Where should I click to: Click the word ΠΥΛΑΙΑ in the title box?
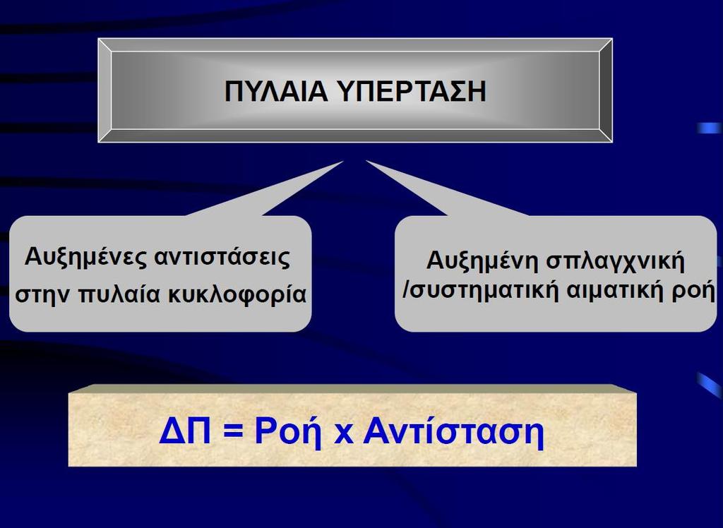point(276,91)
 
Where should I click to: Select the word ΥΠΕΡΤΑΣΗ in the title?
point(412,91)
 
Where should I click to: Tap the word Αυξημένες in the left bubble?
point(85,258)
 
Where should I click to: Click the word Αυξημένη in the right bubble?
point(483,261)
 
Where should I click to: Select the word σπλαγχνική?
point(616,261)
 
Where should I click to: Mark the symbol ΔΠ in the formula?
point(185,431)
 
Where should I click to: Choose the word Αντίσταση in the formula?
point(454,431)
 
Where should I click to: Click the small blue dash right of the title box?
point(709,128)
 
